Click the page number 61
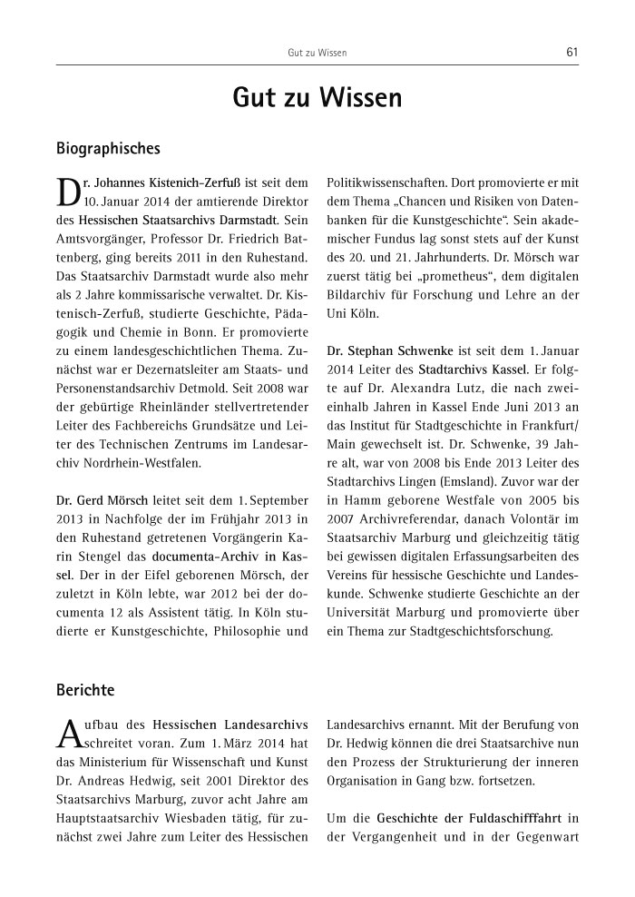[571, 53]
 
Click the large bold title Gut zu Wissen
[317, 98]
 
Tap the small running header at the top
[317, 54]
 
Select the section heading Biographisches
[108, 146]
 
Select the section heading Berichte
[85, 690]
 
